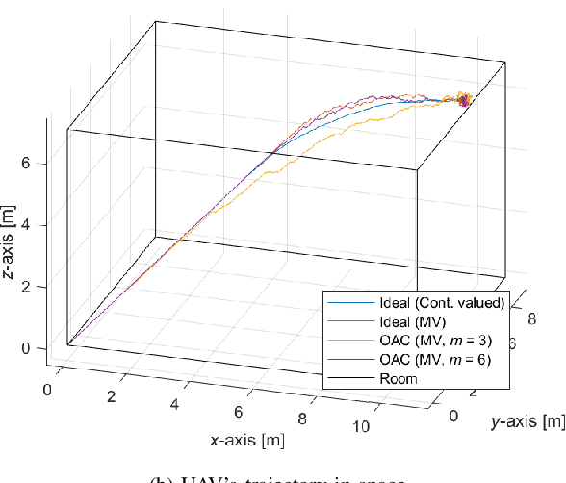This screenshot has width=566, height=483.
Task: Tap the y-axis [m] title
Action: (x=527, y=420)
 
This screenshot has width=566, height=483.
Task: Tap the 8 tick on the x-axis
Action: (x=302, y=419)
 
